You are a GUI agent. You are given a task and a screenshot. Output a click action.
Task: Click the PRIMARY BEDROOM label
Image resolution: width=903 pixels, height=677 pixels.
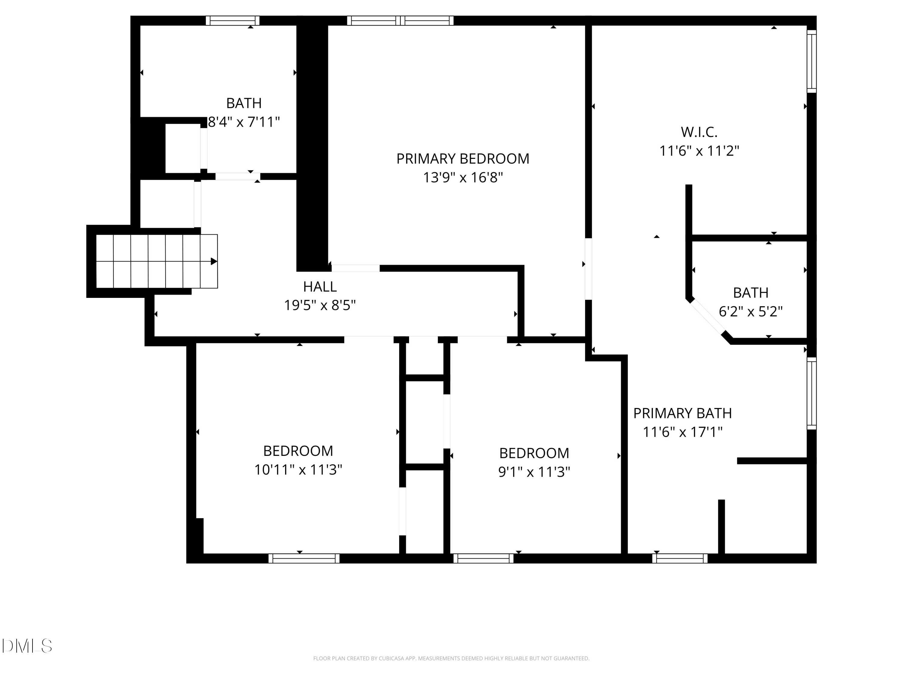click(x=463, y=159)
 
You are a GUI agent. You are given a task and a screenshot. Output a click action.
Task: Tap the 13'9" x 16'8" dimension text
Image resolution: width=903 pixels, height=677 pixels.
click(x=463, y=178)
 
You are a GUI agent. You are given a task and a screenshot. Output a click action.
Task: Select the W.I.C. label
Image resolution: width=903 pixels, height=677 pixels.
click(x=699, y=132)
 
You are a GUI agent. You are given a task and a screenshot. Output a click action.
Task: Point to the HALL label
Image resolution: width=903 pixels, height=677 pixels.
click(x=320, y=287)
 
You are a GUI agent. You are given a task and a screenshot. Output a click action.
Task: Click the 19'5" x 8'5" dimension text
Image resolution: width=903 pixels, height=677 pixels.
click(x=320, y=305)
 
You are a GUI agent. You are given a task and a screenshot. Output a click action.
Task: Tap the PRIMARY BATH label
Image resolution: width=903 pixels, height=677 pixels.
click(x=682, y=413)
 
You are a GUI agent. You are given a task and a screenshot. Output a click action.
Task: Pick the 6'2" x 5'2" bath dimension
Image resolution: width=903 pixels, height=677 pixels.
click(x=750, y=312)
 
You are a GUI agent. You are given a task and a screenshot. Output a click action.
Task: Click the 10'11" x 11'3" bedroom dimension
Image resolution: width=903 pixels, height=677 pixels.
click(x=298, y=470)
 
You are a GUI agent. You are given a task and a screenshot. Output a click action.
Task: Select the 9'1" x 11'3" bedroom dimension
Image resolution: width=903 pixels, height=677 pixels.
click(x=534, y=472)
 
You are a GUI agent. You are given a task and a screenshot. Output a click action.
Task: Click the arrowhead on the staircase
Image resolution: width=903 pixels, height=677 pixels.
click(x=213, y=261)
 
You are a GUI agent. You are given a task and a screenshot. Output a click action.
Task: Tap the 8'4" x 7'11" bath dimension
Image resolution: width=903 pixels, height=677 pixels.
click(x=244, y=122)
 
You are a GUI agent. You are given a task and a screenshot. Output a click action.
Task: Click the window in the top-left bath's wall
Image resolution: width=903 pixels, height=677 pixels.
click(x=232, y=21)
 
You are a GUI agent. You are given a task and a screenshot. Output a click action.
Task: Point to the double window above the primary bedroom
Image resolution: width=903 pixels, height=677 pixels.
click(x=400, y=21)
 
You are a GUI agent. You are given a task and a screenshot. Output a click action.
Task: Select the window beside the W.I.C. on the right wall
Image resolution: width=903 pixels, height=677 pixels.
click(x=811, y=61)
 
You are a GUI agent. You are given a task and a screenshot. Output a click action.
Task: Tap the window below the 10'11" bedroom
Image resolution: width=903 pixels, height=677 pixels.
click(x=304, y=558)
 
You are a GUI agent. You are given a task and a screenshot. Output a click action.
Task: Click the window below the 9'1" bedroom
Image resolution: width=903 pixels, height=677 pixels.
click(x=483, y=558)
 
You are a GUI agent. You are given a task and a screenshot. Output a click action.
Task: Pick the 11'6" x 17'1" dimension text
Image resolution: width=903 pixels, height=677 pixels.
click(x=682, y=432)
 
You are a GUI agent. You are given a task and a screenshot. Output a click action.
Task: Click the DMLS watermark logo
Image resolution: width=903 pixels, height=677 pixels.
click(x=27, y=646)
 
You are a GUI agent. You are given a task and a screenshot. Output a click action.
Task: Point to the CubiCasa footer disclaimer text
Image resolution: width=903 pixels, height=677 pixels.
click(x=451, y=658)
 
